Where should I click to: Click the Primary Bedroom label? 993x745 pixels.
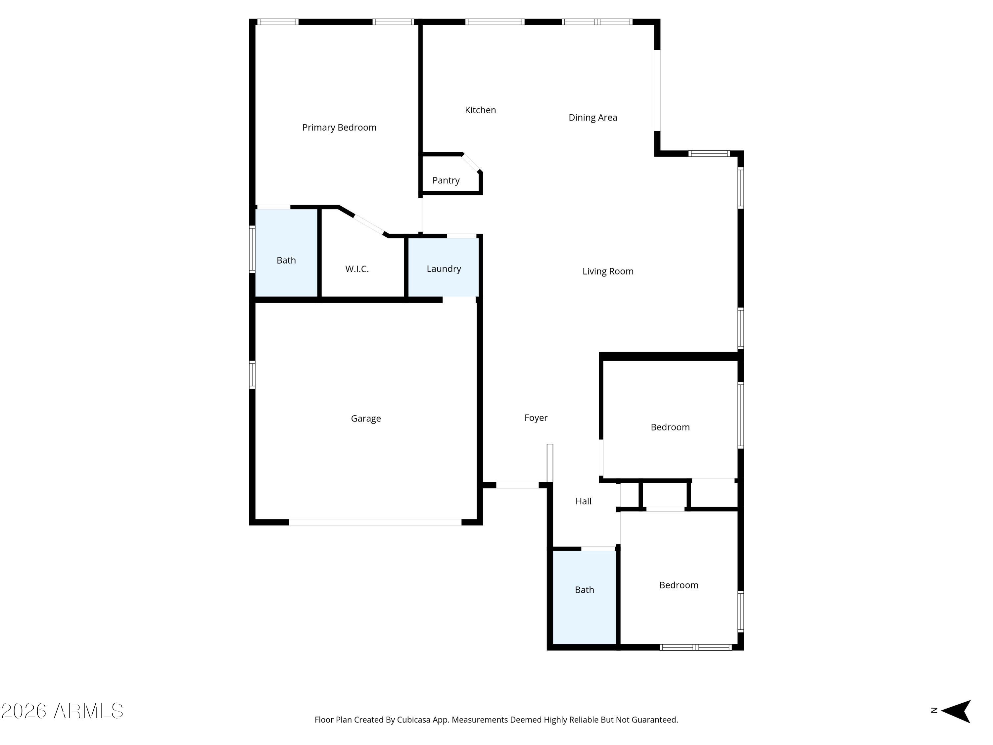[339, 127]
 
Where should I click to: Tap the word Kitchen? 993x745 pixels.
[480, 110]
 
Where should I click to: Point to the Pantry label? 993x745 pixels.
[446, 180]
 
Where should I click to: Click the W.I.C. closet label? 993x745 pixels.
[357, 269]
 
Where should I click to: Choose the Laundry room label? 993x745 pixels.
[444, 269]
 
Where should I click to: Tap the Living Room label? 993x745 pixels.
[608, 271]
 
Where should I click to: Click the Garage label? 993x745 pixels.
[365, 419]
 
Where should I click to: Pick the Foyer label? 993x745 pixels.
[536, 418]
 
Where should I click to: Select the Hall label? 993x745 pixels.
[583, 501]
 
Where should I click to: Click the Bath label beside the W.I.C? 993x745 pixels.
[286, 261]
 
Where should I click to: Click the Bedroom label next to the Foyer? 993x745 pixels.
[670, 427]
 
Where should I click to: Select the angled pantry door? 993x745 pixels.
[471, 163]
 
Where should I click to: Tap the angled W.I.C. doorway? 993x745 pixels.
[369, 225]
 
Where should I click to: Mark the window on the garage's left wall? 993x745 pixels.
[252, 374]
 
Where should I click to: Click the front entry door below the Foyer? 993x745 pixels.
[517, 485]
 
